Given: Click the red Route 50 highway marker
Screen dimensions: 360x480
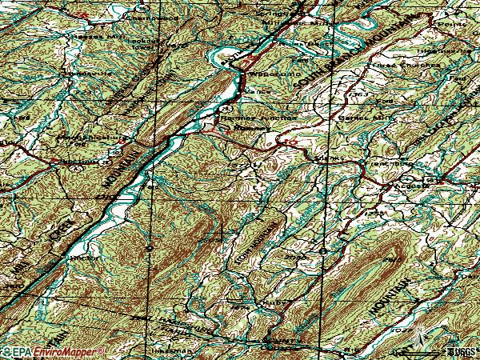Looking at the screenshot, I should (x=292, y=143).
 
